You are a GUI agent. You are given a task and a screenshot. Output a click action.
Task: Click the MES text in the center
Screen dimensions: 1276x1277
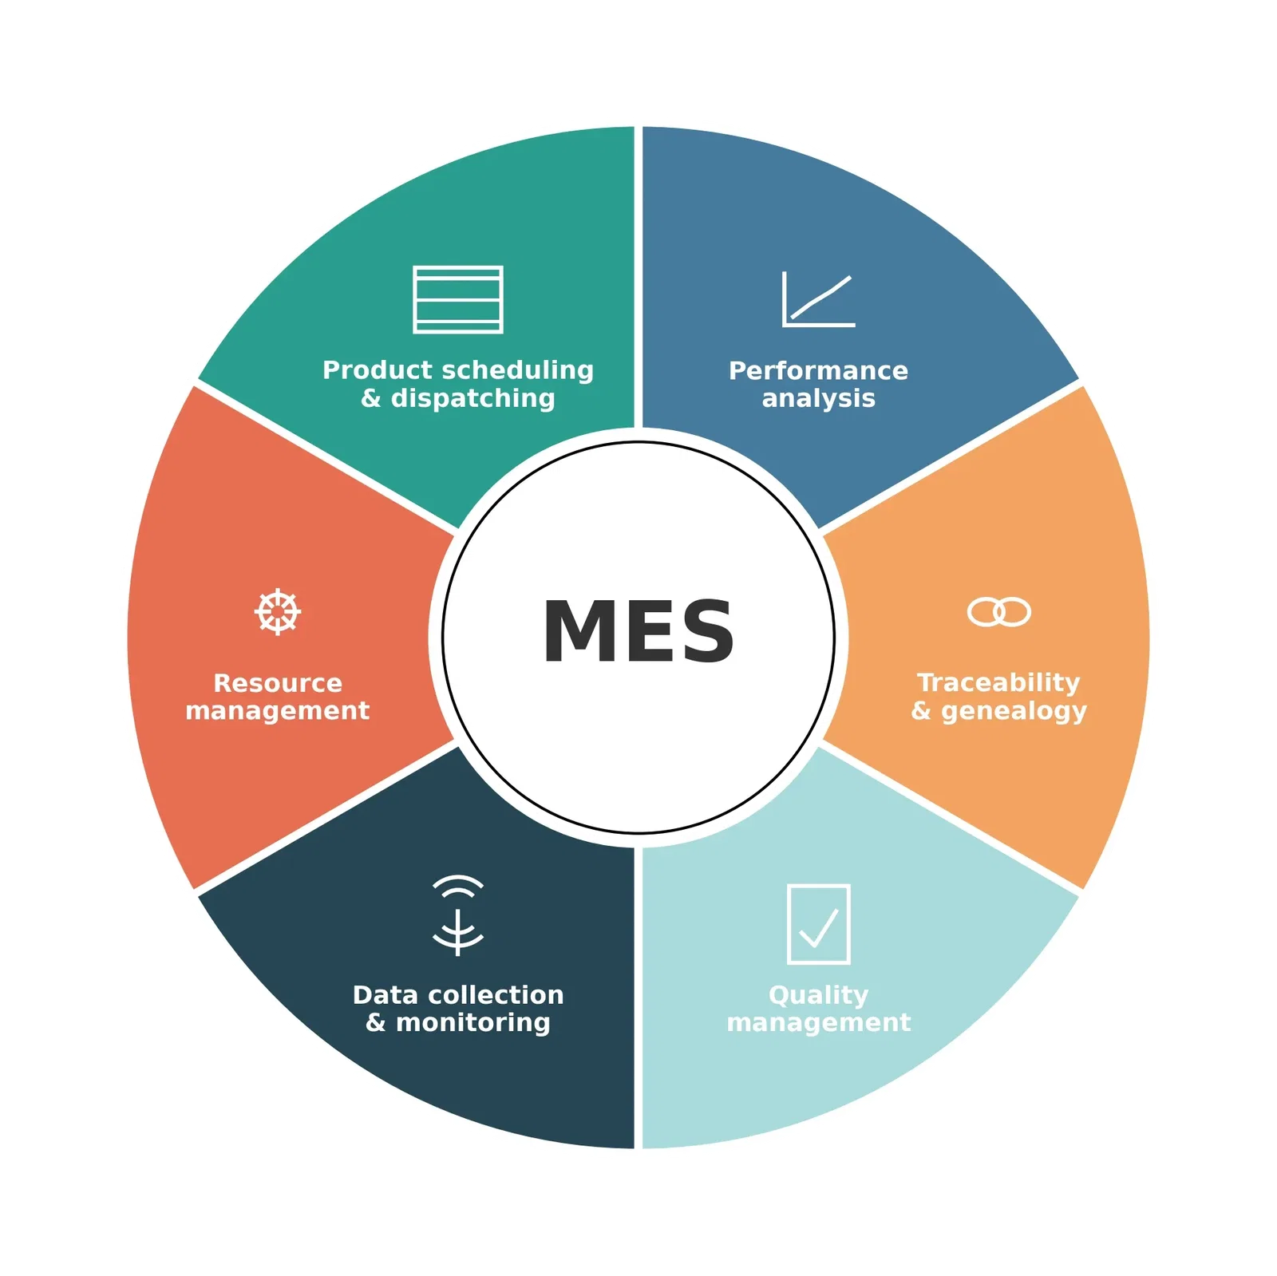pyautogui.click(x=638, y=631)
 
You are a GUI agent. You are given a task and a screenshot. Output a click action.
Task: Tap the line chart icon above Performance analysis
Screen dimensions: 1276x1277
pyautogui.click(x=818, y=300)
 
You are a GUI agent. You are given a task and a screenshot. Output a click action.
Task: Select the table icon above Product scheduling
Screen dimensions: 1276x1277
pyautogui.click(x=458, y=299)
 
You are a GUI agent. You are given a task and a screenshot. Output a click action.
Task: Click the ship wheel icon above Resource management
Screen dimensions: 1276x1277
pyautogui.click(x=278, y=612)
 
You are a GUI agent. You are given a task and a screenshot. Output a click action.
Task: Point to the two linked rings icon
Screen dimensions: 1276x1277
pyautogui.click(x=998, y=612)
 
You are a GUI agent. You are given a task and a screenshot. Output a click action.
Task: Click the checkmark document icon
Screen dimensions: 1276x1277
pyautogui.click(x=818, y=924)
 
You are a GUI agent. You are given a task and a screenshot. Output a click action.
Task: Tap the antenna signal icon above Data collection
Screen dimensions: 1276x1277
pyautogui.click(x=458, y=915)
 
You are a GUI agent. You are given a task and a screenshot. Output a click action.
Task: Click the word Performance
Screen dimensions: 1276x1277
pyautogui.click(x=818, y=370)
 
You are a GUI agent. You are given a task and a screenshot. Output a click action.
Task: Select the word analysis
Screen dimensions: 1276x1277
pyautogui.click(x=818, y=398)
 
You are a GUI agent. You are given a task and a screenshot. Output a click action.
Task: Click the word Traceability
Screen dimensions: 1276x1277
pyautogui.click(x=998, y=682)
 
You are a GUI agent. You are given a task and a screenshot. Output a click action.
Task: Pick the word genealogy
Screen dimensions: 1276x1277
pyautogui.click(x=1014, y=710)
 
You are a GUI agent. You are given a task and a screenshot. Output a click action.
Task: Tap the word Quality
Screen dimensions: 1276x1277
pyautogui.click(x=818, y=995)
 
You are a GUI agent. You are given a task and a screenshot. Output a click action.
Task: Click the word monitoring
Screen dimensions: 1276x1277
pyautogui.click(x=473, y=1022)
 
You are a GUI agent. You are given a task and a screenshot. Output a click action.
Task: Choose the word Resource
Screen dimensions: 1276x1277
pyautogui.click(x=278, y=683)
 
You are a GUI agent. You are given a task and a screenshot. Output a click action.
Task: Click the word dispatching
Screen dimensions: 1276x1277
pyautogui.click(x=472, y=398)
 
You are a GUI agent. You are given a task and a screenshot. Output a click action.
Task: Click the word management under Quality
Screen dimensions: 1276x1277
pyautogui.click(x=818, y=1022)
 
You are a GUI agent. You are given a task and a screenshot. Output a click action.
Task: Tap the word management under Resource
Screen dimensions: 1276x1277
pyautogui.click(x=278, y=710)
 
